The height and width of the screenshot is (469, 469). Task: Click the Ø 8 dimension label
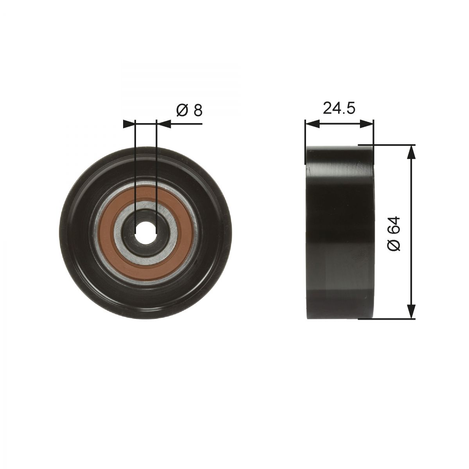click(189, 111)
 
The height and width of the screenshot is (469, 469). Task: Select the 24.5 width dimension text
click(339, 108)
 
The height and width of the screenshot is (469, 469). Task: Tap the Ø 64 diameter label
click(393, 233)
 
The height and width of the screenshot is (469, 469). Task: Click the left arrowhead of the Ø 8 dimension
click(129, 124)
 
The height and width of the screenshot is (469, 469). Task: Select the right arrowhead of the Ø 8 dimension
click(163, 124)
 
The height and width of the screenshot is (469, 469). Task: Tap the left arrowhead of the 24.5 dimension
click(312, 124)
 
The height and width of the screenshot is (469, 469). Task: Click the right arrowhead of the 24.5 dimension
click(366, 124)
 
